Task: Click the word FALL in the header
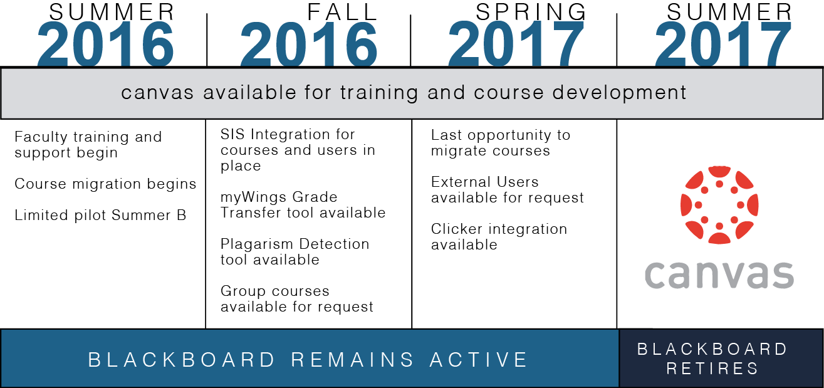[343, 12]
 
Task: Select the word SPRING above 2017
[531, 12]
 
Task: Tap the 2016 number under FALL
[309, 43]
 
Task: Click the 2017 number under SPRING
[516, 43]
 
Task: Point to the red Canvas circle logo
[719, 205]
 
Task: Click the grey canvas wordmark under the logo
[719, 275]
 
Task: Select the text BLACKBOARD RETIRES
[712, 359]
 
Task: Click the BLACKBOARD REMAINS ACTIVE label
[308, 360]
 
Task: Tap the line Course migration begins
[105, 184]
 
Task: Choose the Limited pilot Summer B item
[100, 216]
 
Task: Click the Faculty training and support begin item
[88, 145]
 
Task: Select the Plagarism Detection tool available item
[295, 252]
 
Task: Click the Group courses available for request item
[297, 299]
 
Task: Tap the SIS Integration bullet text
[298, 150]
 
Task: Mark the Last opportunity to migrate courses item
[501, 143]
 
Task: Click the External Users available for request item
[508, 190]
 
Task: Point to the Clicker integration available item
[499, 237]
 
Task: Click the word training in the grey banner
[379, 93]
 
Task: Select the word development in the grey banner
[619, 93]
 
